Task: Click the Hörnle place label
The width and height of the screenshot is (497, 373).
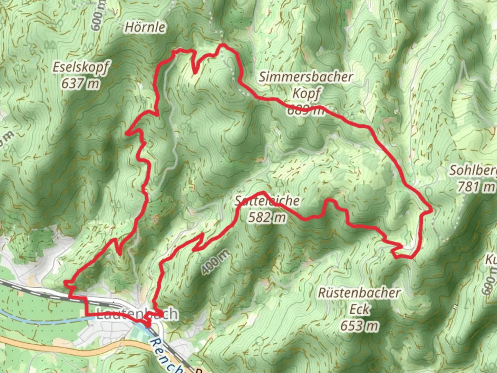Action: coord(145,27)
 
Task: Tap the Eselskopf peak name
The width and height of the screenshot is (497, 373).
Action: coord(81,67)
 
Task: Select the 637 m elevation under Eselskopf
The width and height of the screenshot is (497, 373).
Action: coord(81,83)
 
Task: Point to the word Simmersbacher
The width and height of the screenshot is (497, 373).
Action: coord(306,77)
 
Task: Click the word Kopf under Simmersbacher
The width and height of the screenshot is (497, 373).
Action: coord(306,93)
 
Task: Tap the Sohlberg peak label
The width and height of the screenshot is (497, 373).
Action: coord(473,170)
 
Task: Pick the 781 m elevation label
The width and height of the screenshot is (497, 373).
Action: coord(476,187)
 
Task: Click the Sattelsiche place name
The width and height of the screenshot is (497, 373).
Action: coord(267,201)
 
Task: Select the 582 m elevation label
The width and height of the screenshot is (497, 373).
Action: coord(267,218)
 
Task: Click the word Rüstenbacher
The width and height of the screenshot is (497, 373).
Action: coord(359,293)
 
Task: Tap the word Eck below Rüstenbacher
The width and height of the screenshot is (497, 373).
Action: coord(360,309)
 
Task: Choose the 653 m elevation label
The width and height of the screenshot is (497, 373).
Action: coord(360,326)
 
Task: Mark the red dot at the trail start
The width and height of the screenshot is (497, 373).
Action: coord(148,324)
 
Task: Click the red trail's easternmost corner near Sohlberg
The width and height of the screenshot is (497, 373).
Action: coord(431,210)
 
